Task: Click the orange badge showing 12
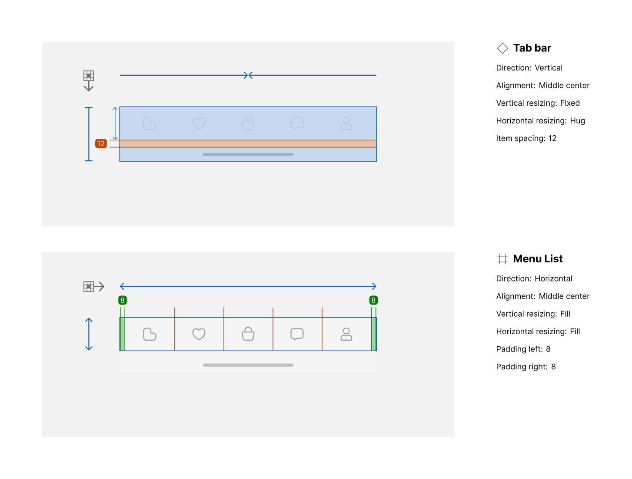pyautogui.click(x=101, y=144)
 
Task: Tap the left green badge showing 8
pyautogui.click(x=123, y=300)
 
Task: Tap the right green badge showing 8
pyautogui.click(x=373, y=300)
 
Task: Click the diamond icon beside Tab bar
pyautogui.click(x=502, y=48)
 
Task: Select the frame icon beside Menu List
pyautogui.click(x=502, y=259)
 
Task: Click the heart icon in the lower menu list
pyautogui.click(x=199, y=334)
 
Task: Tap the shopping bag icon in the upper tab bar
pyautogui.click(x=248, y=123)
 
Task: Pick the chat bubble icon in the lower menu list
pyautogui.click(x=297, y=334)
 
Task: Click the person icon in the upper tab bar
pyautogui.click(x=346, y=123)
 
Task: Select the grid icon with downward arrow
pyautogui.click(x=89, y=80)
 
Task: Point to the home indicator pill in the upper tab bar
pyautogui.click(x=248, y=154)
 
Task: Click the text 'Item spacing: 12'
pyautogui.click(x=526, y=138)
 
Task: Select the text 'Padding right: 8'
pyautogui.click(x=526, y=367)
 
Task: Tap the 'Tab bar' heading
pyautogui.click(x=532, y=48)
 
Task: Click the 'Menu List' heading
pyautogui.click(x=538, y=259)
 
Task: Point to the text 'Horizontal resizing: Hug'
pyautogui.click(x=540, y=121)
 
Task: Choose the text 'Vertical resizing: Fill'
pyautogui.click(x=533, y=314)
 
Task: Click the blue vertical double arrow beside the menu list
pyautogui.click(x=89, y=334)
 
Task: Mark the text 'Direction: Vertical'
pyautogui.click(x=529, y=68)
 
